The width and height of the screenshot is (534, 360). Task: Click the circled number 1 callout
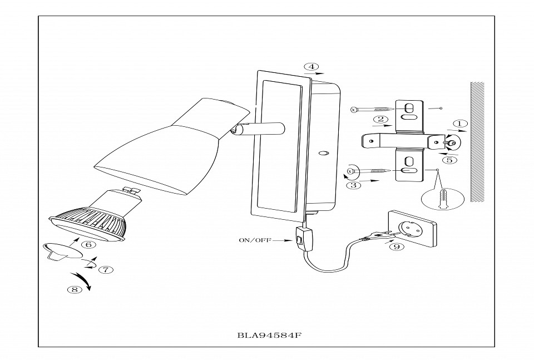(459, 124)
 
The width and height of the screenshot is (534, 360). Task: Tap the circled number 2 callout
(380, 119)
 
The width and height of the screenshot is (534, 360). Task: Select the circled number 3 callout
(355, 185)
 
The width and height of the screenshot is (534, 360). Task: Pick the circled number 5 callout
(451, 160)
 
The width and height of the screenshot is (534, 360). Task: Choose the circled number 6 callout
(87, 244)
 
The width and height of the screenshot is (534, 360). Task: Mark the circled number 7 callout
(106, 269)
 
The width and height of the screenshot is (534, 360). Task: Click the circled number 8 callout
(72, 289)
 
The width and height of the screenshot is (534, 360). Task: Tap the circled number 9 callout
(395, 247)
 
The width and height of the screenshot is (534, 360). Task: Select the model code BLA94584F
(266, 336)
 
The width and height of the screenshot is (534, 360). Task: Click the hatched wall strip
(477, 142)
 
